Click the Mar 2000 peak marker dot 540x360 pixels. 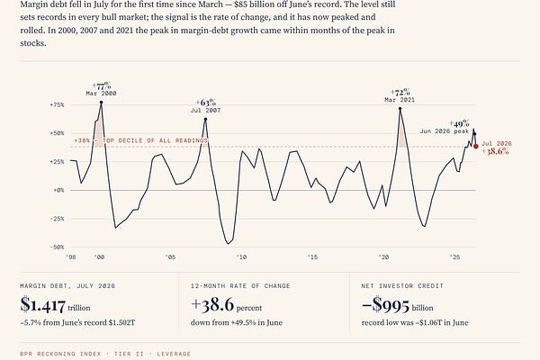tap(101, 103)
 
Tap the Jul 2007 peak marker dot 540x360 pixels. tap(205, 119)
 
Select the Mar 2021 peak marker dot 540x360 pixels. tap(400, 109)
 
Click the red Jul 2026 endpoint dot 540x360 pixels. tap(476, 147)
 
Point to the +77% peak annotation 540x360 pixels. tap(102, 85)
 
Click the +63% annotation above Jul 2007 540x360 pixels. tap(206, 103)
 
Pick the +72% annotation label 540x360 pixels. tap(400, 93)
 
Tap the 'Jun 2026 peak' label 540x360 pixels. tap(445, 131)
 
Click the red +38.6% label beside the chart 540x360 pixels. tap(495, 151)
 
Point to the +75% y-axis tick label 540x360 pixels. tap(58, 104)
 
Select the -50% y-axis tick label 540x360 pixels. tap(58, 247)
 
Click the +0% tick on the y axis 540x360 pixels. tap(58, 190)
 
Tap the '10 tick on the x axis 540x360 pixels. tap(241, 257)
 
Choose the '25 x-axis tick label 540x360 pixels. tap(454, 257)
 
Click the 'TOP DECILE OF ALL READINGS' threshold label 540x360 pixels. tap(155, 140)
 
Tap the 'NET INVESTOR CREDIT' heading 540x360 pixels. tap(402, 286)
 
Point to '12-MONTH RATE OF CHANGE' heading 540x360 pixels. tap(240, 286)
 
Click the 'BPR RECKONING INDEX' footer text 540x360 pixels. tap(60, 354)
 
